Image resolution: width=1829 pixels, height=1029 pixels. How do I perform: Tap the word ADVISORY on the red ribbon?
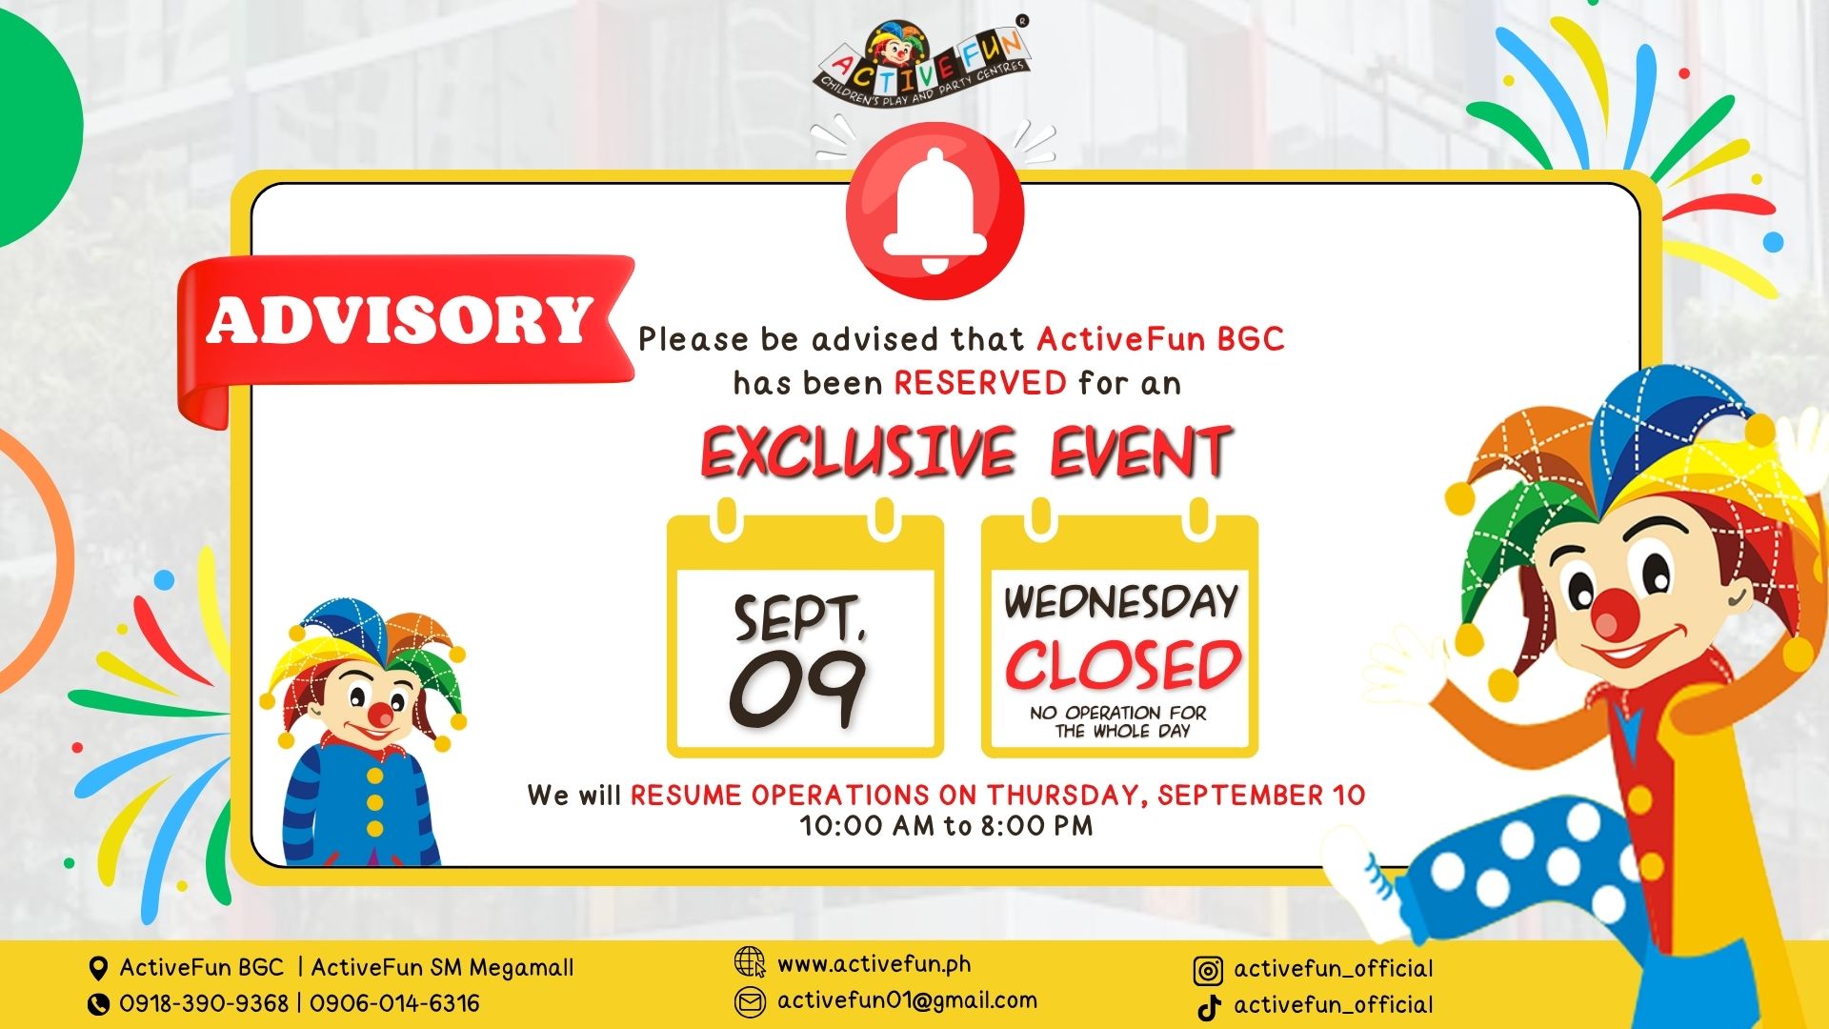[x=399, y=320]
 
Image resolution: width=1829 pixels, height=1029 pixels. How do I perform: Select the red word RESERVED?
[x=979, y=383]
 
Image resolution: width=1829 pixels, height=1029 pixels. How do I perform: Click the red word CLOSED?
[x=1123, y=665]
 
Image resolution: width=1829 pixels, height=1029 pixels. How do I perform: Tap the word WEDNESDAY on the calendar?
[x=1120, y=602]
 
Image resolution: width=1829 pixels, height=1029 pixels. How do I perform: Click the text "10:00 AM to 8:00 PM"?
[x=946, y=825]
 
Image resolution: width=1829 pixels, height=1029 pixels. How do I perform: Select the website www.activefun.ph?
[x=874, y=964]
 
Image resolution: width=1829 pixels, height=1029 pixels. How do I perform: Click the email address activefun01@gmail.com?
[x=907, y=1000]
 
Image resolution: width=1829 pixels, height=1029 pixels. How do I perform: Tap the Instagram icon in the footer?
[x=1208, y=971]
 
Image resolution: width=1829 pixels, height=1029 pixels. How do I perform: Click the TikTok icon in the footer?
[x=1210, y=1007]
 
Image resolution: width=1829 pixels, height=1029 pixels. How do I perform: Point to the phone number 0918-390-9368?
[x=203, y=1003]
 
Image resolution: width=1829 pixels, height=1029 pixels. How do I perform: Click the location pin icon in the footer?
[x=97, y=969]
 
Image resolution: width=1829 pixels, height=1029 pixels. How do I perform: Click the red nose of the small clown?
[x=380, y=714]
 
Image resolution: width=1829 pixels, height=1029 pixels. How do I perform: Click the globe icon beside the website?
[x=750, y=962]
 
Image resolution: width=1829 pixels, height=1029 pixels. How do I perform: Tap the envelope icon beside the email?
[x=750, y=1001]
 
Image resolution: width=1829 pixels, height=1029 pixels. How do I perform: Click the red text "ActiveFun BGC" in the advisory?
[x=1160, y=339]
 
